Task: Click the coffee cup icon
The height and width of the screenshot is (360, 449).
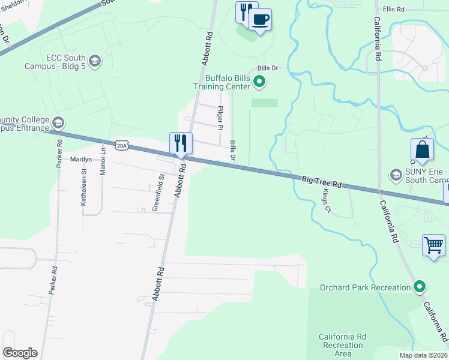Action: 260,20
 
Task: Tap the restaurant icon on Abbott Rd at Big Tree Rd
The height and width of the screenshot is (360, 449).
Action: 181,143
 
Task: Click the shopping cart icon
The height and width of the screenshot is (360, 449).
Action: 433,245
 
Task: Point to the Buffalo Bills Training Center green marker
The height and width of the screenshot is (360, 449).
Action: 259,82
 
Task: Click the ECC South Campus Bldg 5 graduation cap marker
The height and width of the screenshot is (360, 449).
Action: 94,61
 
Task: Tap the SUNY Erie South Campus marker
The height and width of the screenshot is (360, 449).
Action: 396,175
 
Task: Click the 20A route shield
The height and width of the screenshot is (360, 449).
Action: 122,146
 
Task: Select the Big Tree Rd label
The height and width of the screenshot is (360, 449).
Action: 321,182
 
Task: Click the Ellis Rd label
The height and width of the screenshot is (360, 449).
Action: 394,10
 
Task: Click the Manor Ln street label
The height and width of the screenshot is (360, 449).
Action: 103,160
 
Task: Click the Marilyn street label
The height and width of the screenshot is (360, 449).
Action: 81,160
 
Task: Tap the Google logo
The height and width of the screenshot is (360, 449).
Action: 20,352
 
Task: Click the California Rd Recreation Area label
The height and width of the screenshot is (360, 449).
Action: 343,345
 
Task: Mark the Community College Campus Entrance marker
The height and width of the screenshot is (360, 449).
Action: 58,123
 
